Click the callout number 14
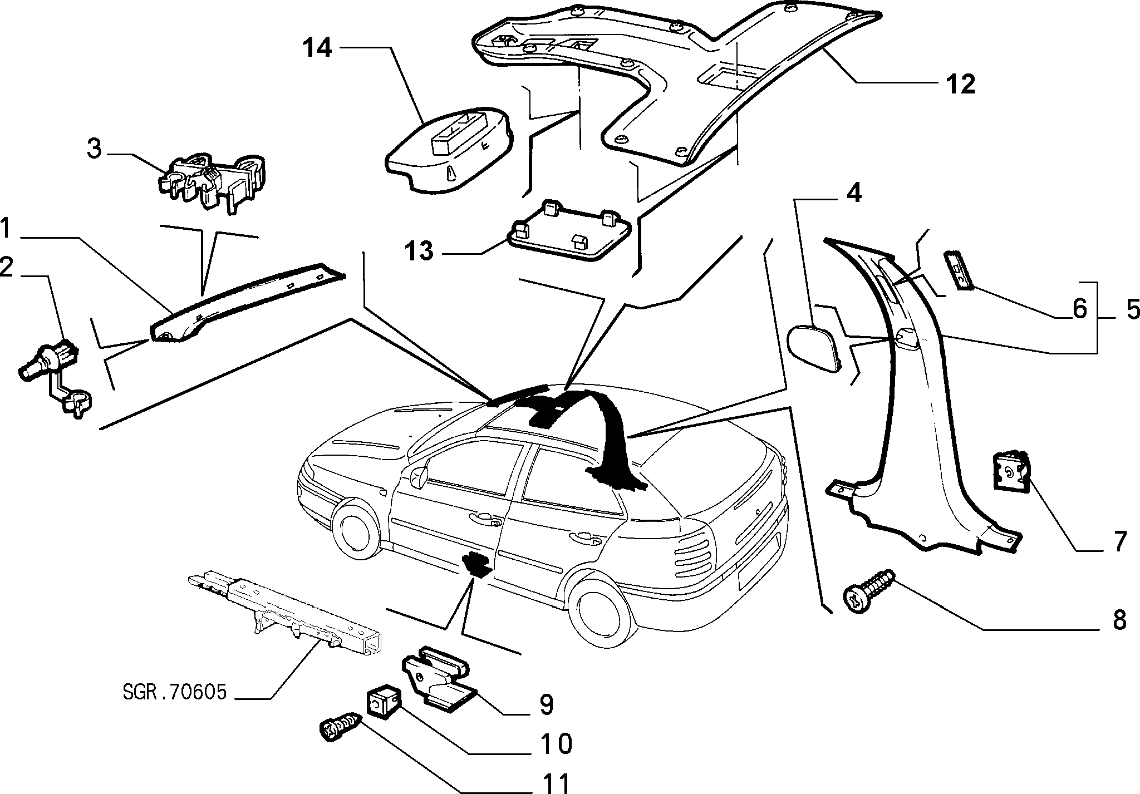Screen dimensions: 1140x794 [318, 48]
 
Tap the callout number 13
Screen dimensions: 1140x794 [419, 251]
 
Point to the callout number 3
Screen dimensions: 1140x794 [95, 150]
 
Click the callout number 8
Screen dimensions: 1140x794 [1119, 620]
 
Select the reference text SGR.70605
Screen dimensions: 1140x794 [174, 692]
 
